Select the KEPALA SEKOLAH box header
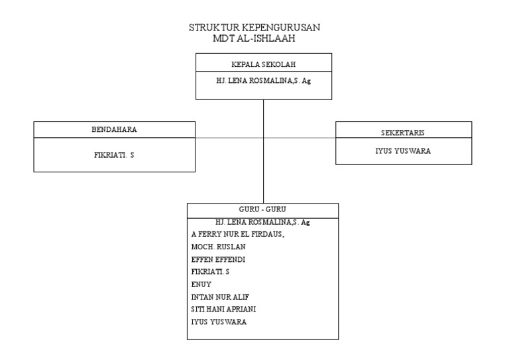263,64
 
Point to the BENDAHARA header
114,130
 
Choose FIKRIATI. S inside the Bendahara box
114,154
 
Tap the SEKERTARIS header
403,133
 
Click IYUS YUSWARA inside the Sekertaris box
403,150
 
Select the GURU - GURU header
262,210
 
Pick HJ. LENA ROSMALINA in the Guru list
262,222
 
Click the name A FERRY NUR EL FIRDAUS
237,234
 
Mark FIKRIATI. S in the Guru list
210,272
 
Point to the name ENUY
201,284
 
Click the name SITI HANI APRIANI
223,310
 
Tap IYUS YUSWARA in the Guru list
219,322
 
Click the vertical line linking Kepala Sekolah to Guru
264,172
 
